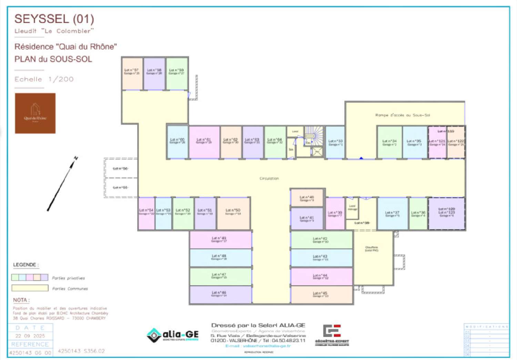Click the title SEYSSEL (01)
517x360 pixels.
pos(54,19)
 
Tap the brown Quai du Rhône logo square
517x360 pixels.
pos(35,113)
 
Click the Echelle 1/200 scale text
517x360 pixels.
pos(44,79)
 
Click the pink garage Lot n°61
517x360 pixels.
pos(204,142)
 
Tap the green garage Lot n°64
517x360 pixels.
pos(275,142)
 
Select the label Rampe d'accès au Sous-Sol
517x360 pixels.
pos(403,115)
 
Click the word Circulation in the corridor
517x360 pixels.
pos(269,179)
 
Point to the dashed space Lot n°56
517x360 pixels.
pos(121,169)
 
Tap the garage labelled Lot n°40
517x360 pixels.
pos(307,198)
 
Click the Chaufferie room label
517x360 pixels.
pos(372,249)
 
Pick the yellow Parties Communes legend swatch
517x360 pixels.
pos(30,288)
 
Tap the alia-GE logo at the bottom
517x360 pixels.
pos(173,335)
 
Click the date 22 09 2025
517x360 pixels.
pos(30,336)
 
